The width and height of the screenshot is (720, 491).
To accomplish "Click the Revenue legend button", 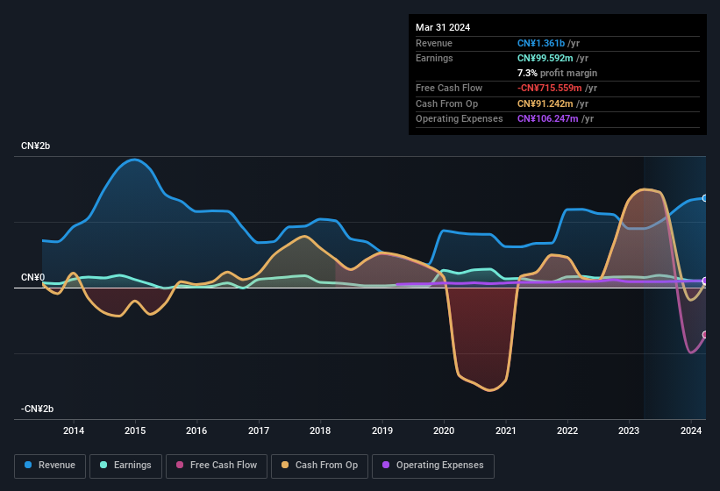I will (50, 466).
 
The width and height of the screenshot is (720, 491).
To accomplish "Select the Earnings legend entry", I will (125, 466).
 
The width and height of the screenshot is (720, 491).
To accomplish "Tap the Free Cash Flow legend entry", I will (216, 466).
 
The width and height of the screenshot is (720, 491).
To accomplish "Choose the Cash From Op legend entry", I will (319, 466).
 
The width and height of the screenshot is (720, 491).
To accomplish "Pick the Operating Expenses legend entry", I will (432, 466).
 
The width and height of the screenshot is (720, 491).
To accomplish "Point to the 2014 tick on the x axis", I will (74, 431).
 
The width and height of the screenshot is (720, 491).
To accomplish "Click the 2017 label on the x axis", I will (259, 431).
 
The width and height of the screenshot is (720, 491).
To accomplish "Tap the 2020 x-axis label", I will (444, 431).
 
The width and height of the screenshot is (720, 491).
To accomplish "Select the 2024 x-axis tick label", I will (691, 431).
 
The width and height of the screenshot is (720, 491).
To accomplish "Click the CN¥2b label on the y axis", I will (36, 146).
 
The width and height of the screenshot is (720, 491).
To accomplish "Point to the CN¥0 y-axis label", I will (32, 277).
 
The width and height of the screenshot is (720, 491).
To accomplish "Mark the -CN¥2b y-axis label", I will (38, 409).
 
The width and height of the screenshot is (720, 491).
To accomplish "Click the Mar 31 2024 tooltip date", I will (443, 27).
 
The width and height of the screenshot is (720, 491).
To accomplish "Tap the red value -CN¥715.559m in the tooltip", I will (556, 88).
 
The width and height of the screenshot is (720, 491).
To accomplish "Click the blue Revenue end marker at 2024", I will (704, 198).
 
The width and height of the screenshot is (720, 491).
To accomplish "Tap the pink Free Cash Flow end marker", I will (704, 335).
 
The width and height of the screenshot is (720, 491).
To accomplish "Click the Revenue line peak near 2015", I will (133, 160).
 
